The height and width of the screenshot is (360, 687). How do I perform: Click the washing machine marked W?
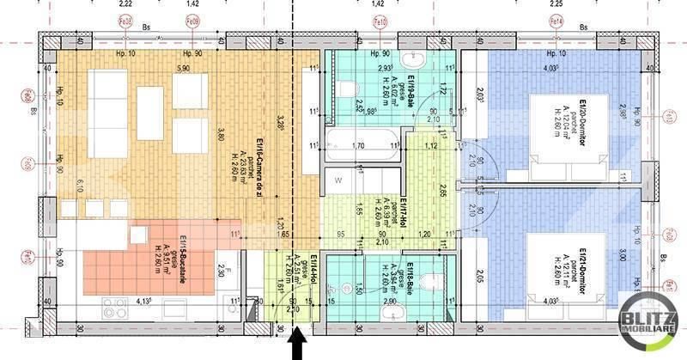point(339,181)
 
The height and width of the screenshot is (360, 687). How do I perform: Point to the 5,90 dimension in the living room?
point(182,68)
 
